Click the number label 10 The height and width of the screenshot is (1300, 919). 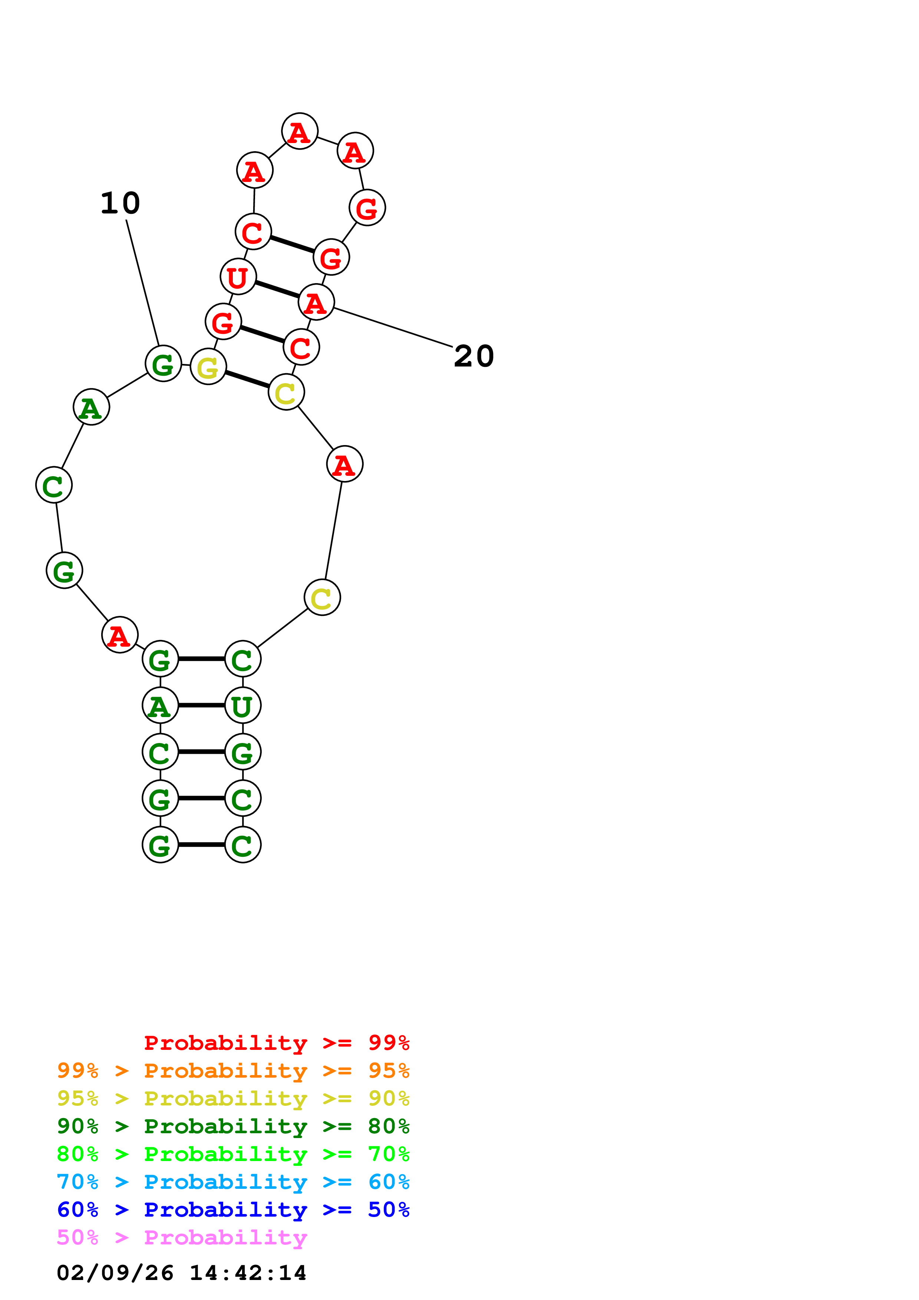pos(120,203)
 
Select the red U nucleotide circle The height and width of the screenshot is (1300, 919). pos(238,277)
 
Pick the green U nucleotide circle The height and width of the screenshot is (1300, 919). pos(242,706)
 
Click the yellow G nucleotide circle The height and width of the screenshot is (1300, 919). pos(208,367)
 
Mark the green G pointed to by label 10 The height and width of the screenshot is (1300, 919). pos(163,364)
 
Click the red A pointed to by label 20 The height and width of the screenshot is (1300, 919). pos(316,302)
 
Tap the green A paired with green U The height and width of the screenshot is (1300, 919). pos(160,706)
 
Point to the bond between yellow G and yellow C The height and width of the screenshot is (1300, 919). pos(247,379)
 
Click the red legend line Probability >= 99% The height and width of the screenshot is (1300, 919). pos(276,1043)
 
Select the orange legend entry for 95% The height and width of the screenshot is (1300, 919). pos(233,1071)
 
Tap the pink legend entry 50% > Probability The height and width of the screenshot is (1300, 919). pos(182,1238)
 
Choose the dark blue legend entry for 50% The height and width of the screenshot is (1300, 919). pos(233,1210)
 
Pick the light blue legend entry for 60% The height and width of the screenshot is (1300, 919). pos(233,1182)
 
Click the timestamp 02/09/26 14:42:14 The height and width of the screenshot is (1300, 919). pos(181,1273)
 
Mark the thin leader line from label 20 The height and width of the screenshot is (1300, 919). pos(394,327)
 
